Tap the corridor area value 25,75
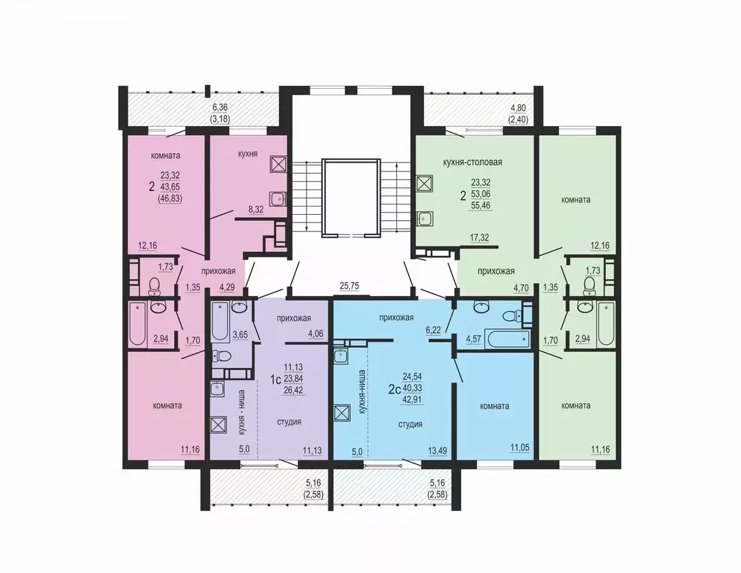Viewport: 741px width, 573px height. (350, 286)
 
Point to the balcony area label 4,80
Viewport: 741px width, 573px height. (519, 107)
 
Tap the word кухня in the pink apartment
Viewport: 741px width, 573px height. (248, 154)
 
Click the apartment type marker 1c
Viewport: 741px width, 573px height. (275, 379)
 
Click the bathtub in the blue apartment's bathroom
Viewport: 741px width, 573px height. (507, 336)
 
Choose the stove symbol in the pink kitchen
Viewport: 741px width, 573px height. (278, 165)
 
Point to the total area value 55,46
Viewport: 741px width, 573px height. (481, 203)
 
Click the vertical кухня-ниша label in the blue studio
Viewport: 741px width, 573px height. (362, 392)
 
